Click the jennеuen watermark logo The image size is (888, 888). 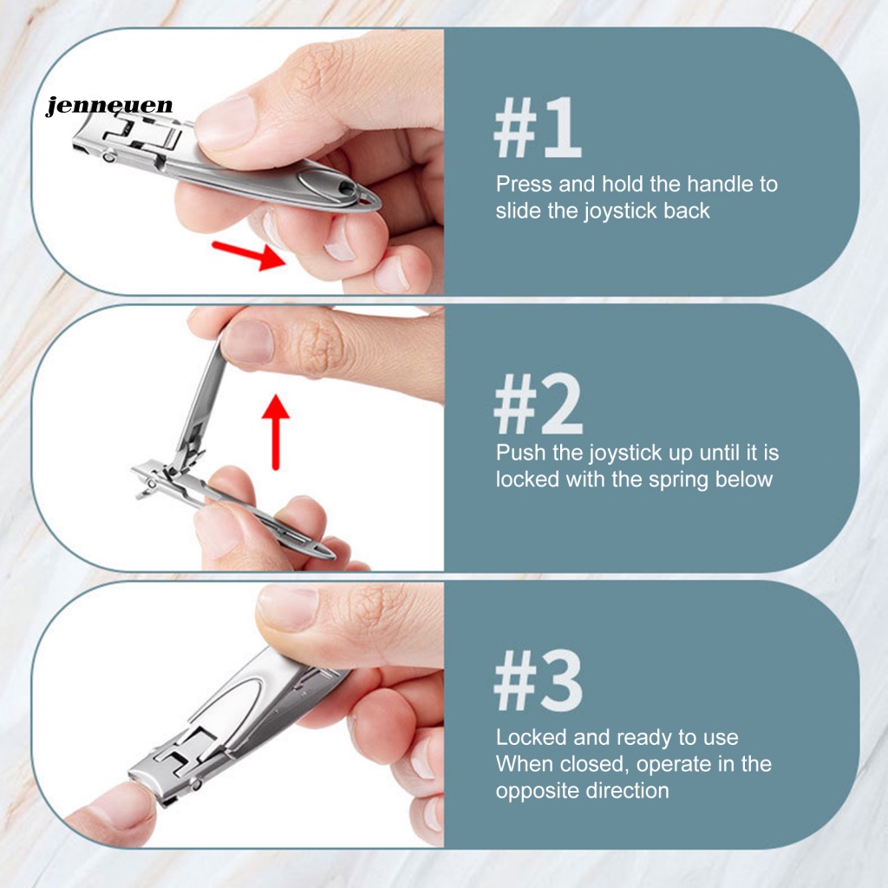[109, 106]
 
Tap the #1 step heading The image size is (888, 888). [538, 128]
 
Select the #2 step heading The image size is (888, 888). [538, 403]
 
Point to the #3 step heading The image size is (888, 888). [538, 680]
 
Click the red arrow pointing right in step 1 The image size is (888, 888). [249, 256]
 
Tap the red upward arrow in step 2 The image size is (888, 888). [276, 432]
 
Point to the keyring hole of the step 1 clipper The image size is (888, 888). [368, 199]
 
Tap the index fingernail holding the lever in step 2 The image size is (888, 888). [247, 342]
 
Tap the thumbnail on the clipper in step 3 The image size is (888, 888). [289, 608]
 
